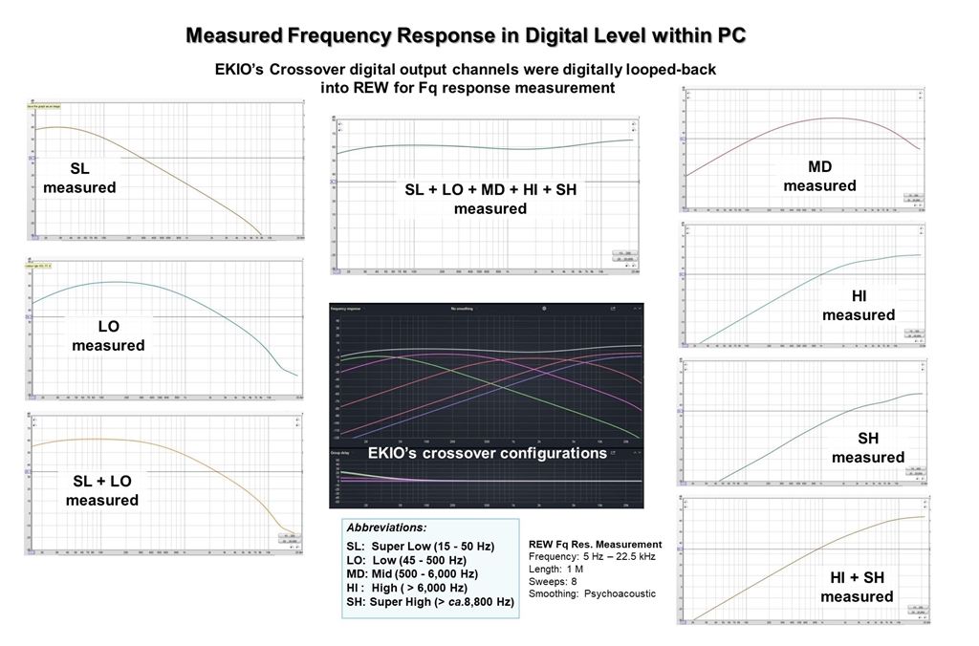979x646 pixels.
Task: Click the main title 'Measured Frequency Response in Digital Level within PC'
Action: [x=466, y=35]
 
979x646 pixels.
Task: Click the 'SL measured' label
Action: [x=79, y=178]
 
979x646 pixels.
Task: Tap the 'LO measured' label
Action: [x=108, y=335]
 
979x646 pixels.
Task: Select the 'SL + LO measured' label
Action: [x=102, y=490]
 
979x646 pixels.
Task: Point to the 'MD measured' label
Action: [x=819, y=176]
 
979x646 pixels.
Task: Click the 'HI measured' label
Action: [x=859, y=306]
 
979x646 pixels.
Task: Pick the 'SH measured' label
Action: [x=867, y=447]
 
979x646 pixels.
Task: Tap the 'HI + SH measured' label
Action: [x=857, y=587]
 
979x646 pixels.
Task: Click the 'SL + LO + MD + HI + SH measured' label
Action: [x=490, y=199]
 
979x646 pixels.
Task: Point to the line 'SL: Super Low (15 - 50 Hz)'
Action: [x=421, y=546]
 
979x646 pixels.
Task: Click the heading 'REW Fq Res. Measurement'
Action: [x=595, y=544]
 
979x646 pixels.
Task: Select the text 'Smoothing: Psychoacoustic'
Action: [x=592, y=593]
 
